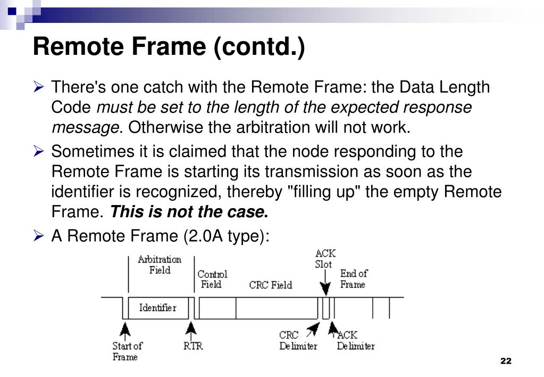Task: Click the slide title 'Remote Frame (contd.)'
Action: [x=169, y=47]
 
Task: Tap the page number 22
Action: [x=506, y=361]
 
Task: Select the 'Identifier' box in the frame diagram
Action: [x=157, y=307]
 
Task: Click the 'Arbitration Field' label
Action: [x=160, y=265]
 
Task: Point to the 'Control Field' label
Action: [x=212, y=279]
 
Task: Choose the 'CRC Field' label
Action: [x=271, y=285]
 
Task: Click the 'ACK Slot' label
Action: [x=325, y=259]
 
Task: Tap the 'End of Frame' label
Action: [x=354, y=278]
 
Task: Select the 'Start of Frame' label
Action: [x=127, y=351]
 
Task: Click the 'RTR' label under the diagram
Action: [x=193, y=346]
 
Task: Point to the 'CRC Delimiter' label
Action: [x=298, y=341]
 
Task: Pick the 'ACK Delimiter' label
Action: [x=355, y=341]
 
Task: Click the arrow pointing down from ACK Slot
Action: [x=325, y=283]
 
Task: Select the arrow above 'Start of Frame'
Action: [x=125, y=329]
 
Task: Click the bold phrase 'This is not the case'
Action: [x=187, y=212]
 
